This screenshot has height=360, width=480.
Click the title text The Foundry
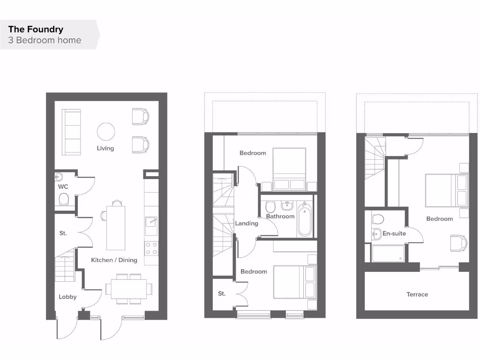click(36, 29)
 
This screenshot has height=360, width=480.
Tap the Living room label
click(105, 148)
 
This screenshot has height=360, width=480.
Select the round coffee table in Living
click(105, 131)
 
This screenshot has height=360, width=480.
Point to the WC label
click(63, 187)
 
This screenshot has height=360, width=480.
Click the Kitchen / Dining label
click(114, 260)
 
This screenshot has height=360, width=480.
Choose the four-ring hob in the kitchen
click(151, 248)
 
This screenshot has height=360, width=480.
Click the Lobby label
click(67, 297)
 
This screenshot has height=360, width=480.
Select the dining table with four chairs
click(126, 288)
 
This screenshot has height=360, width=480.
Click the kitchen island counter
click(115, 227)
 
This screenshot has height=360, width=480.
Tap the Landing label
click(247, 223)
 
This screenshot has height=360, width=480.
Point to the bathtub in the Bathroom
click(304, 219)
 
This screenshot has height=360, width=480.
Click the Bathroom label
click(280, 216)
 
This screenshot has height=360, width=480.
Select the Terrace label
click(417, 294)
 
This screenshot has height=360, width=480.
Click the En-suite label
click(394, 233)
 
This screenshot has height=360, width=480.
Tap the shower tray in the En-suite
click(388, 253)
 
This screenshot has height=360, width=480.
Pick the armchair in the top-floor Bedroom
click(458, 242)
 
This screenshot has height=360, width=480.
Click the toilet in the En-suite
click(377, 219)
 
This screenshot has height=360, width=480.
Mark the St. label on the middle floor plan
click(222, 293)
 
